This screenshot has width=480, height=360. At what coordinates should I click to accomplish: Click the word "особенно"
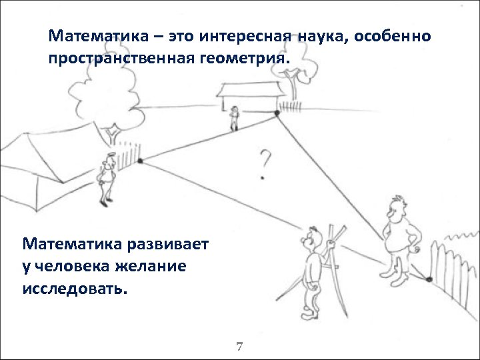pyautogui.click(x=393, y=35)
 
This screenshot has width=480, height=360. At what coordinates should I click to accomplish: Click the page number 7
pyautogui.click(x=240, y=347)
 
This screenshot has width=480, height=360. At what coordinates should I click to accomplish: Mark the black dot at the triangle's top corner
pyautogui.click(x=277, y=115)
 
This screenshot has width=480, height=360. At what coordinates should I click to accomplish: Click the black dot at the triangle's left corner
pyautogui.click(x=140, y=161)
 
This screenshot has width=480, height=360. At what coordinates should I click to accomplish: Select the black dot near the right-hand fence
pyautogui.click(x=430, y=278)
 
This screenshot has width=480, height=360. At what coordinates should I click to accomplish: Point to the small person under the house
pyautogui.click(x=233, y=118)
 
